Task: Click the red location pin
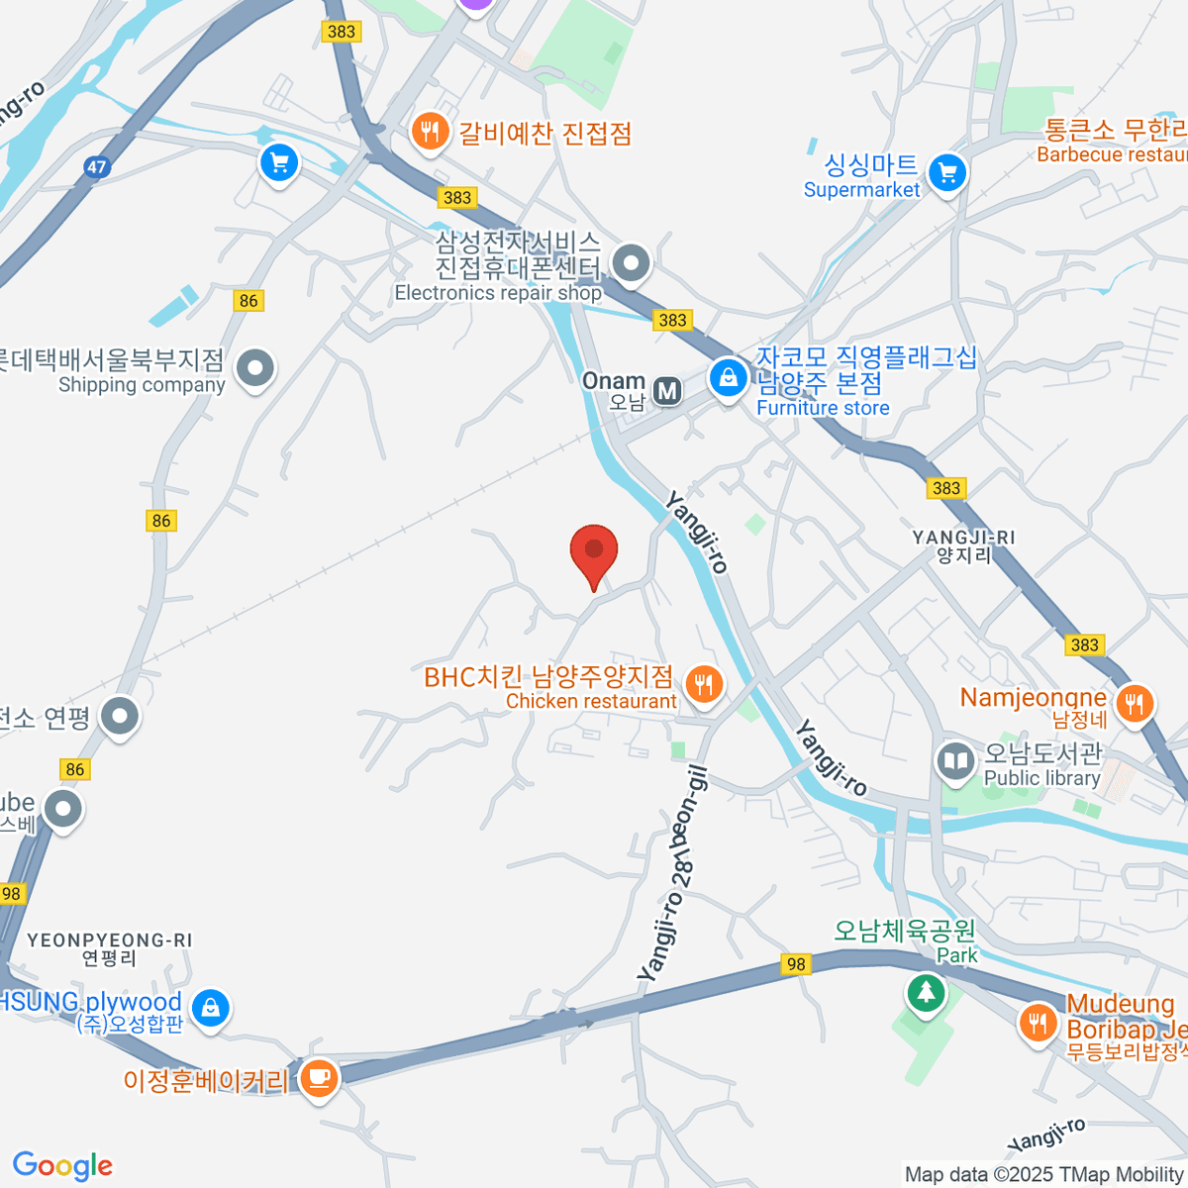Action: [x=594, y=552]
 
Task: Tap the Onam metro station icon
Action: [x=668, y=391]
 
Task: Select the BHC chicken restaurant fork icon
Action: [x=703, y=683]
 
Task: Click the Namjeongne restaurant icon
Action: [x=1135, y=704]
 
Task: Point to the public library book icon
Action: [x=955, y=761]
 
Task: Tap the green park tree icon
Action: [x=926, y=991]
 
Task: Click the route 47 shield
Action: [x=96, y=166]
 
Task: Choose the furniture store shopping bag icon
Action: [x=728, y=377]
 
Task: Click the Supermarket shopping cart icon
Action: [x=947, y=173]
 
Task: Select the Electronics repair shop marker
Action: [x=630, y=263]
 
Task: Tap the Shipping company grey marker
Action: [x=256, y=368]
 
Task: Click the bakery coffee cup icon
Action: [x=318, y=1076]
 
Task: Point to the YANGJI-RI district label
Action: [x=963, y=545]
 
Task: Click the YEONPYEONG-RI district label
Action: [x=109, y=948]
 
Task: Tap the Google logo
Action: [x=62, y=1166]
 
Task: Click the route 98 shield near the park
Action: [x=795, y=963]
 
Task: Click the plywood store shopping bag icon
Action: [x=210, y=1009]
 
